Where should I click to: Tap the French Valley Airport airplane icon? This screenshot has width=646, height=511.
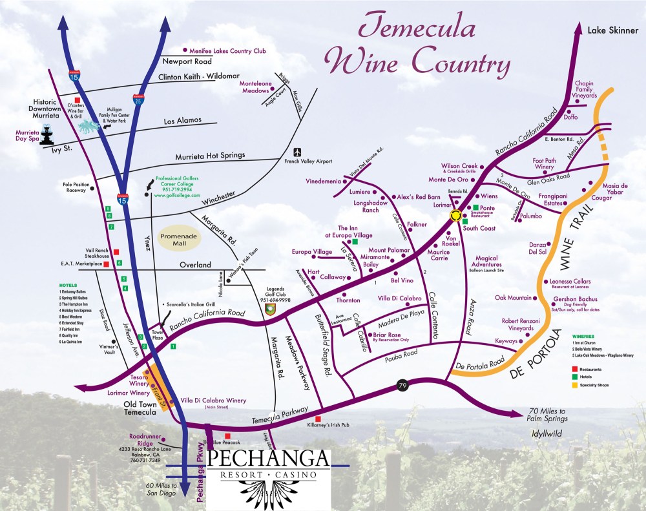[x=297, y=152]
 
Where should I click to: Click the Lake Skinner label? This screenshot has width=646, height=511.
[x=612, y=30]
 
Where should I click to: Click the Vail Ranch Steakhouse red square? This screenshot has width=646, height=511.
[x=116, y=252]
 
